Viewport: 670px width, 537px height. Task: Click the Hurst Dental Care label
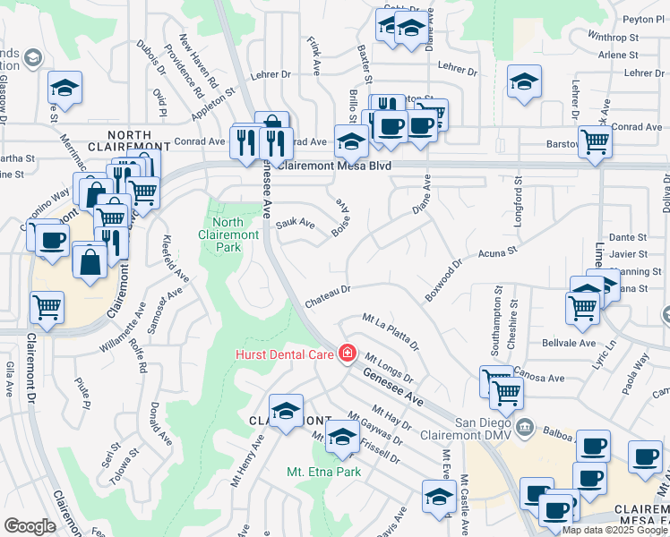[285, 354]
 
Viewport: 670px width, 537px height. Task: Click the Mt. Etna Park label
[323, 471]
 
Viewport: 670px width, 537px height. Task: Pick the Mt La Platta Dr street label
[391, 330]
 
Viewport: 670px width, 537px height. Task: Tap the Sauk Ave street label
[296, 223]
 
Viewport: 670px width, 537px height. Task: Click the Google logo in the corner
[30, 526]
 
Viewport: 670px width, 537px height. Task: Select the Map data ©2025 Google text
[614, 530]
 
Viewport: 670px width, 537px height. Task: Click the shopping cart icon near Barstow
[595, 141]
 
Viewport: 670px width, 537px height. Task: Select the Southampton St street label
[498, 316]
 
